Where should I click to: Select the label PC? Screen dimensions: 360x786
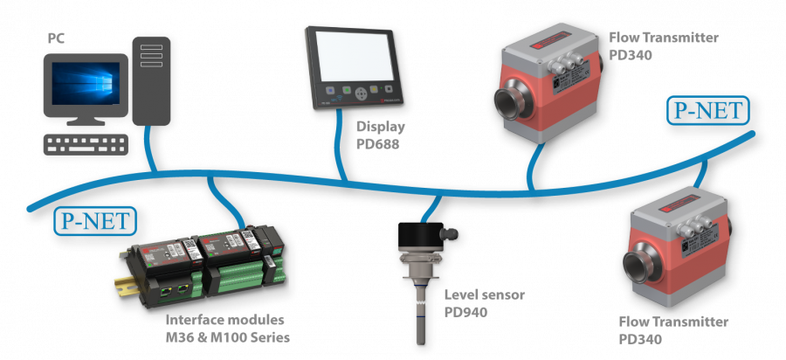click(x=54, y=38)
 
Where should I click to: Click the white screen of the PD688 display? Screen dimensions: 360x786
click(x=355, y=54)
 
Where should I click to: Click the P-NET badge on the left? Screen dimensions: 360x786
click(x=94, y=221)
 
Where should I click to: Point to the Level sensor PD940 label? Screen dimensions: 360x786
click(x=484, y=303)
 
